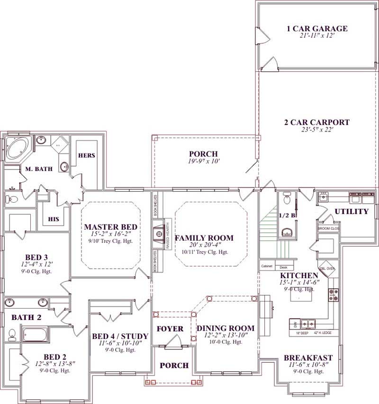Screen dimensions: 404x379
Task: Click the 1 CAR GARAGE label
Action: (317, 28)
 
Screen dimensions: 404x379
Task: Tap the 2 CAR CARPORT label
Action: (316, 122)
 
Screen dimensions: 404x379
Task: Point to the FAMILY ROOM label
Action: (204, 238)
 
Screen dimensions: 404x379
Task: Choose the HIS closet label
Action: (54, 219)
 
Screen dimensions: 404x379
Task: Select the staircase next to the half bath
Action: (268, 233)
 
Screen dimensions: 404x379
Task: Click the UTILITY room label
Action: (352, 211)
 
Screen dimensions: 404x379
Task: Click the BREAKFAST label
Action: (308, 357)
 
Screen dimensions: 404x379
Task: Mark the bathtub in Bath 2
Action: (34, 335)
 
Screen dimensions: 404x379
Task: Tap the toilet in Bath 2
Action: (11, 336)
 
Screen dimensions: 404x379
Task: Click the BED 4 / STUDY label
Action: (120, 336)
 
